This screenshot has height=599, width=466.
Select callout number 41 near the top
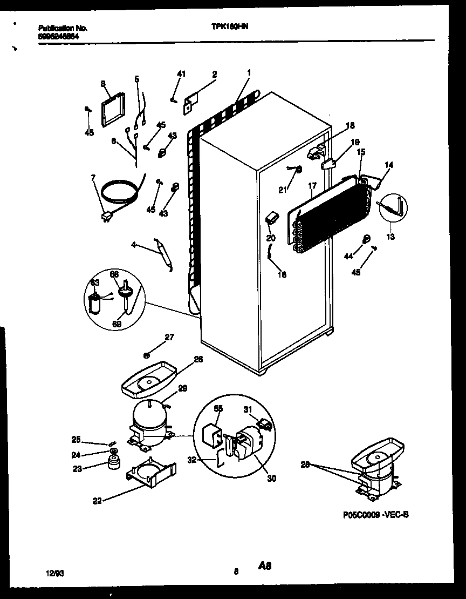pyautogui.click(x=181, y=74)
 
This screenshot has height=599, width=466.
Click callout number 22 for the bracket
pyautogui.click(x=97, y=501)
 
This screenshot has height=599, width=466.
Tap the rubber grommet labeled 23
pyautogui.click(x=114, y=463)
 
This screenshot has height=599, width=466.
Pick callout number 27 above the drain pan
pyautogui.click(x=169, y=338)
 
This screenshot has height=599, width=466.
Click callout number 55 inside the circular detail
pyautogui.click(x=218, y=409)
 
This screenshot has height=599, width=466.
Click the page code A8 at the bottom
pyautogui.click(x=264, y=567)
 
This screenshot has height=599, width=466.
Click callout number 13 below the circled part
pyautogui.click(x=390, y=237)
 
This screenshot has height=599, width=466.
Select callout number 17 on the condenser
pyautogui.click(x=311, y=187)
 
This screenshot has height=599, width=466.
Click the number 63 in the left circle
pyautogui.click(x=95, y=282)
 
